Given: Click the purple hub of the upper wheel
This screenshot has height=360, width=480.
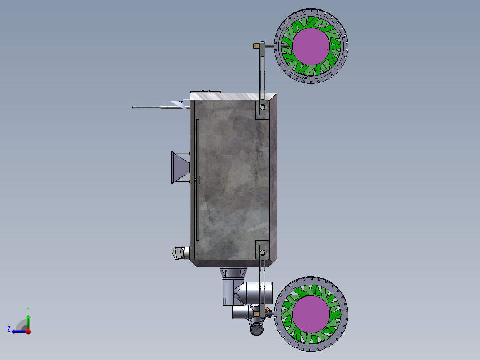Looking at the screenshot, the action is coord(311,46).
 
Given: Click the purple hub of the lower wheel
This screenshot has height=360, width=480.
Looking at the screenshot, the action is coord(311,314).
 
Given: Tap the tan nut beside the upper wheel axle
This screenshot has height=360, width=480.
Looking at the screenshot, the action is coord(256,46).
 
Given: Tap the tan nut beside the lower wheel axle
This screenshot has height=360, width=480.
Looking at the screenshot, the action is coord(256,314).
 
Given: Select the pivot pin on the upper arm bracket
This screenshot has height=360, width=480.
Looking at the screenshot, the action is coord(262,107).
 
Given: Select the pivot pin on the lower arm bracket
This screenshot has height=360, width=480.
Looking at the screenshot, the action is coord(262,252).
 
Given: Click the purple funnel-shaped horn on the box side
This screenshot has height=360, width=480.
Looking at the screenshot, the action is coord(180,168).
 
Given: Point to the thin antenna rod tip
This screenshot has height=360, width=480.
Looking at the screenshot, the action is coord(132,107).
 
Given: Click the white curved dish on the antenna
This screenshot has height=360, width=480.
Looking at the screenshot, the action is coord(179,105).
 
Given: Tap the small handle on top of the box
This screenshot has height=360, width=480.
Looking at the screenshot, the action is coord(206,91).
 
